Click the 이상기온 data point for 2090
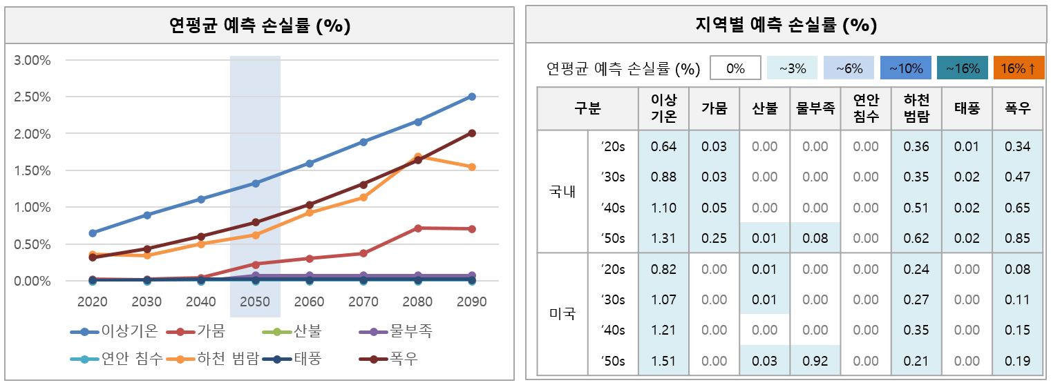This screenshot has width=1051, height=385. [x=472, y=97]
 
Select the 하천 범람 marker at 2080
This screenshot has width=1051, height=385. [x=417, y=157]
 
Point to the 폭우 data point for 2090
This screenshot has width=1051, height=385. [x=472, y=133]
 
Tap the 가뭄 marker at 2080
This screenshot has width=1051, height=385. [x=417, y=228]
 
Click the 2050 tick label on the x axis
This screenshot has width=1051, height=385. [x=255, y=302]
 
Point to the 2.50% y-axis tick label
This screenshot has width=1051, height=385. [x=32, y=97]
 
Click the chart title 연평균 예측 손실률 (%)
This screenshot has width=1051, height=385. [x=260, y=26]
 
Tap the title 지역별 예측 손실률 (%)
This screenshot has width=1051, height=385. [x=786, y=26]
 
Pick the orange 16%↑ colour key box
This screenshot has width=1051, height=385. [x=1018, y=68]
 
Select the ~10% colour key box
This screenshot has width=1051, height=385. [x=905, y=68]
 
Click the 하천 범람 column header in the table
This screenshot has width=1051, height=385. [x=916, y=108]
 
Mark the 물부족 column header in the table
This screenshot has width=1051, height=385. [x=815, y=108]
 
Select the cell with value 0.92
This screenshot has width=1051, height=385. [x=815, y=361]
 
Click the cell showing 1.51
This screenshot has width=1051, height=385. [x=663, y=361]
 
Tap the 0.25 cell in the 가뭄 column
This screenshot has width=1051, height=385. [x=714, y=238]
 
